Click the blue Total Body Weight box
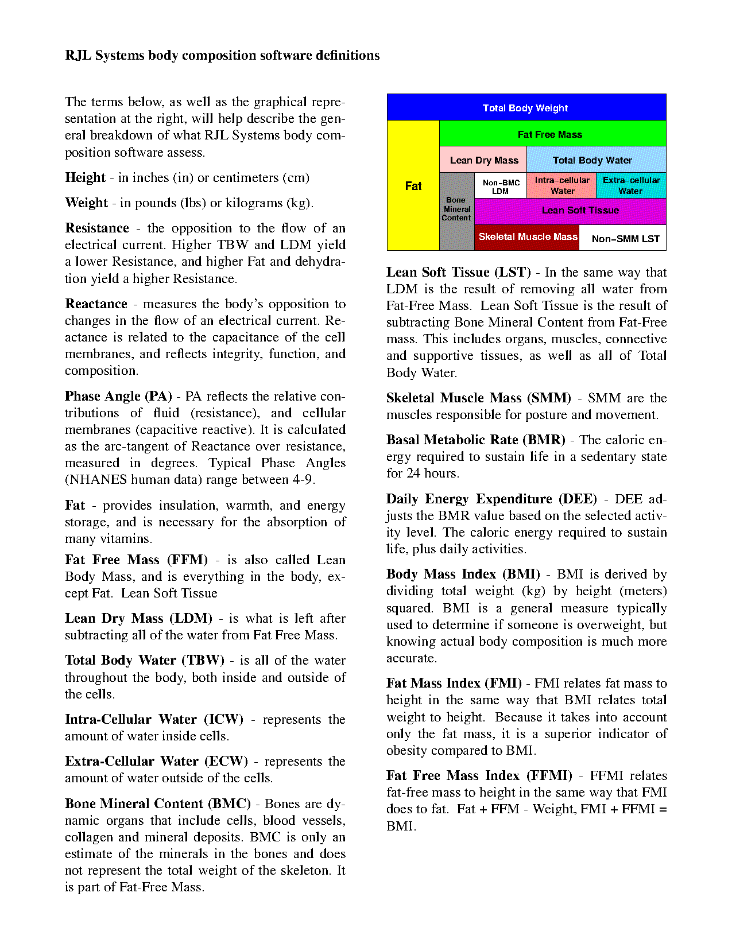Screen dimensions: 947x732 click(526, 107)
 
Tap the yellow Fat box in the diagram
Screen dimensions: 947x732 click(413, 185)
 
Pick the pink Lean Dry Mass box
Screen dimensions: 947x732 click(483, 160)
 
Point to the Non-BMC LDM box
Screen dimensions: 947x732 click(501, 186)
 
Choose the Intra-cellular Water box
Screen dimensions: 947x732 click(561, 185)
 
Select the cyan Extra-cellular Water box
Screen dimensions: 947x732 click(631, 185)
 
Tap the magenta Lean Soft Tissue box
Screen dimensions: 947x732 click(580, 211)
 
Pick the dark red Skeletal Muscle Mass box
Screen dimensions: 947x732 click(527, 237)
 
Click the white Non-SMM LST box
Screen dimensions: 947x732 click(625, 238)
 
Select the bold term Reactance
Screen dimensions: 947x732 click(96, 304)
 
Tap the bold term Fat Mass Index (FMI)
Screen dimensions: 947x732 click(454, 684)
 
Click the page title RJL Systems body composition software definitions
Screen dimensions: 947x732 click(222, 56)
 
